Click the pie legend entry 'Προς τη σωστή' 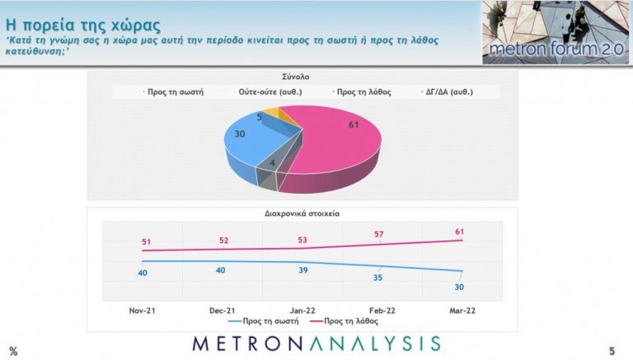172,93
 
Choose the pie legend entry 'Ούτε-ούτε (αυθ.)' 262,93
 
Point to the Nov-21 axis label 142,311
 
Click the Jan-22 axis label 302,311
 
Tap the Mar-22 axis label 462,311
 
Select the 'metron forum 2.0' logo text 554,52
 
